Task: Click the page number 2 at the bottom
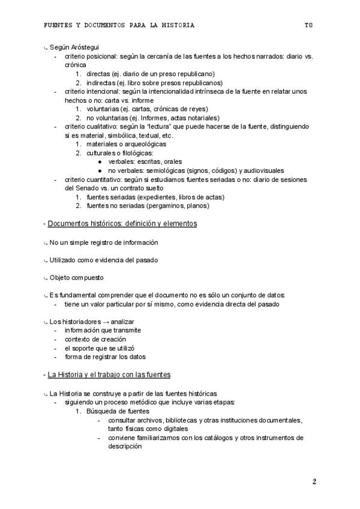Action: [314, 481]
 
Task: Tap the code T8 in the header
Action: [308, 26]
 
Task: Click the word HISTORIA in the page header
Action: [178, 26]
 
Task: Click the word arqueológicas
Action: [146, 144]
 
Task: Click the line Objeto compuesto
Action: [76, 277]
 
